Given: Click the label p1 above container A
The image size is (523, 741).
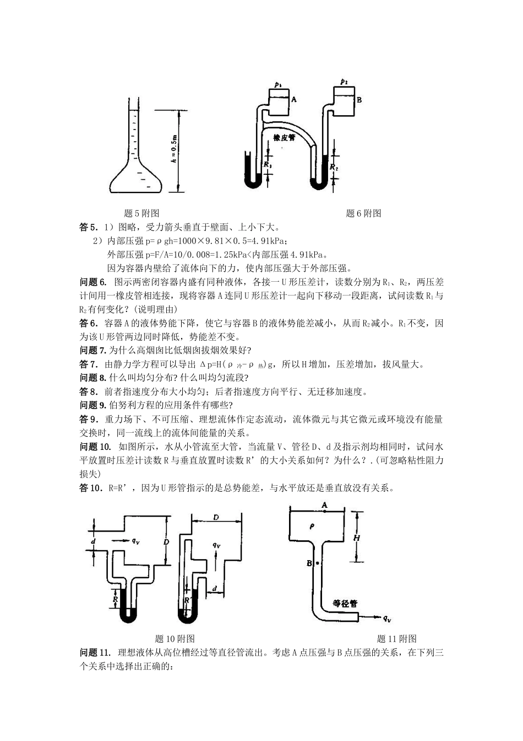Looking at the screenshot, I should pos(277,85).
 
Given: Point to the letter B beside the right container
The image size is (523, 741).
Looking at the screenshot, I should pos(359,100).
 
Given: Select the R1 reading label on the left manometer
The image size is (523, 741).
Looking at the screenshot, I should pos(268,164).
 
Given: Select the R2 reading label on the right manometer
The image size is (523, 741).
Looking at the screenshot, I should pos(334,165).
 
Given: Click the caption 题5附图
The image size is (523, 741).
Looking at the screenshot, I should pos(142,213).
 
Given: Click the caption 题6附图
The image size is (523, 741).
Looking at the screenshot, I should pos(363,213).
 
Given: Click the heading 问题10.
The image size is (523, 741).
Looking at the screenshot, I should pos(95,447).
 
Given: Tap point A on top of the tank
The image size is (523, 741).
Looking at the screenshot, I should pos(324,504).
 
